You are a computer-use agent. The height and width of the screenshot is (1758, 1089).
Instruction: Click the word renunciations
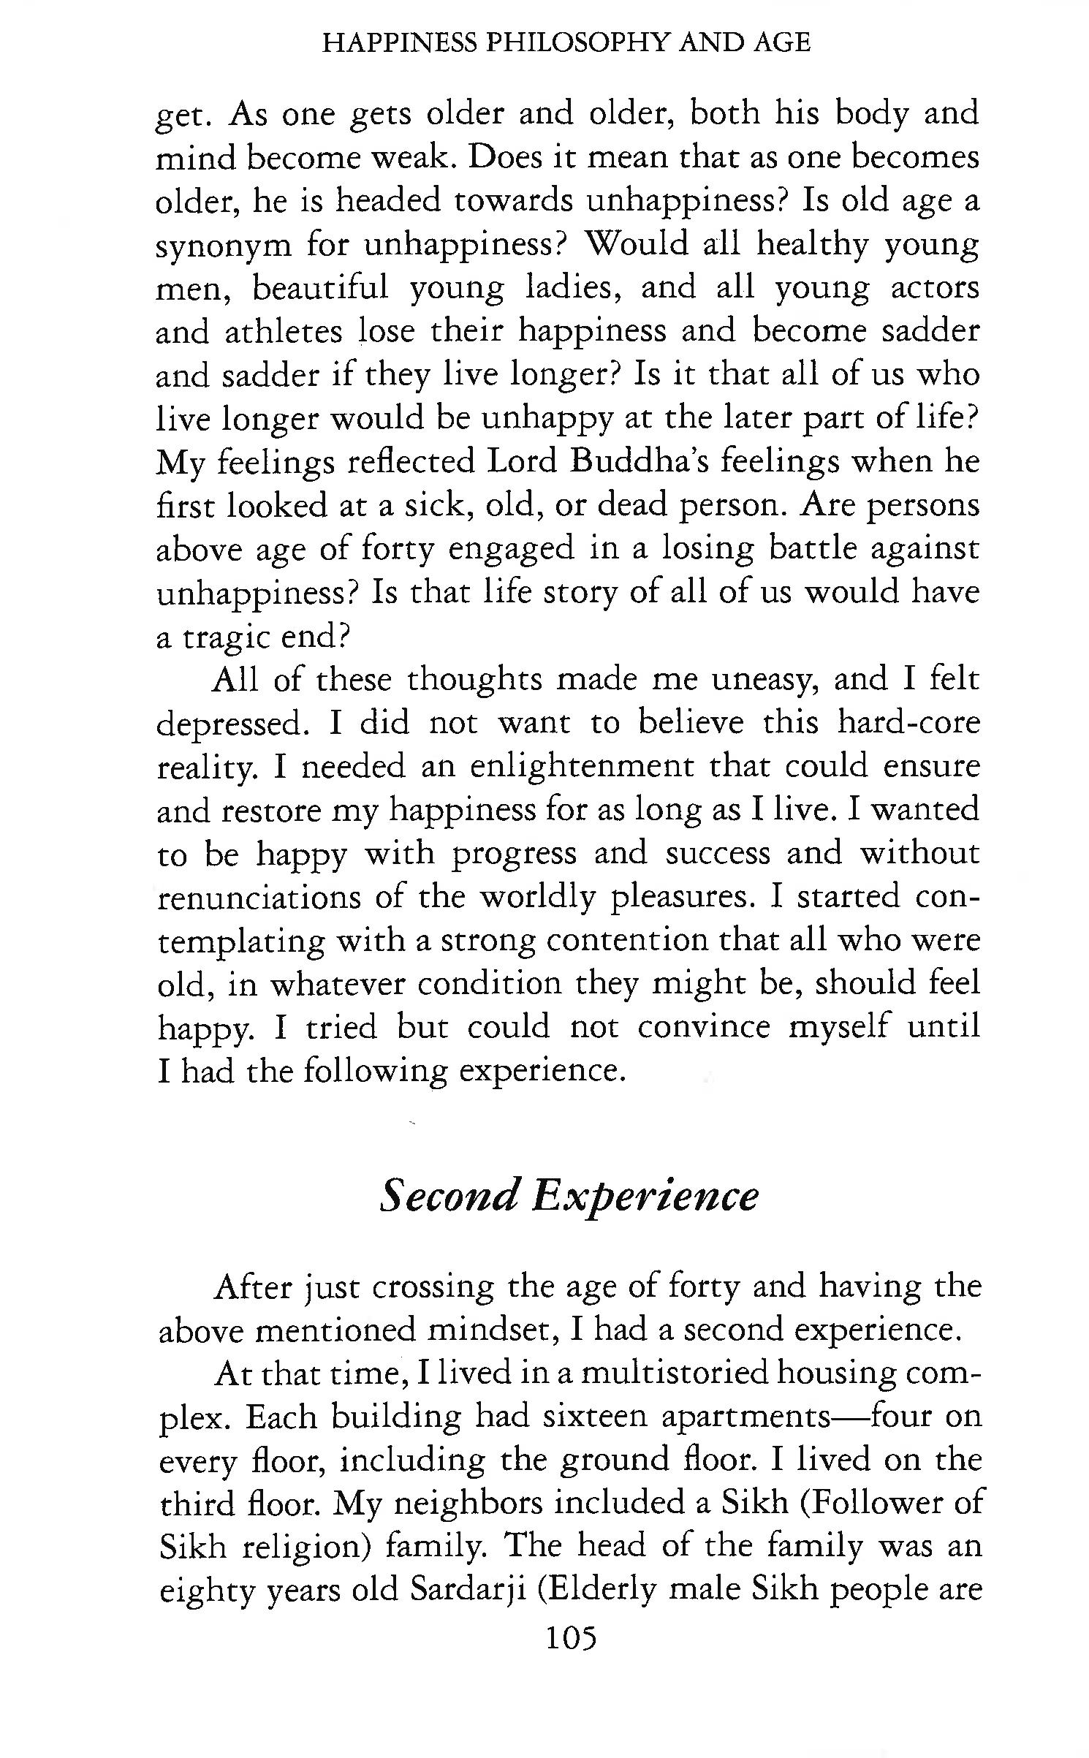tap(259, 897)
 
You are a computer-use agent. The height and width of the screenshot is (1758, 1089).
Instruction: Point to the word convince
tap(703, 1027)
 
